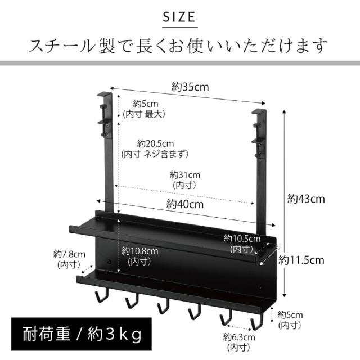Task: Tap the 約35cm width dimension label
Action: [190, 87]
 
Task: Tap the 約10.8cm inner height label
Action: [139, 256]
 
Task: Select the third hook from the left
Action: [163, 307]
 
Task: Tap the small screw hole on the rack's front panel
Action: [109, 263]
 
